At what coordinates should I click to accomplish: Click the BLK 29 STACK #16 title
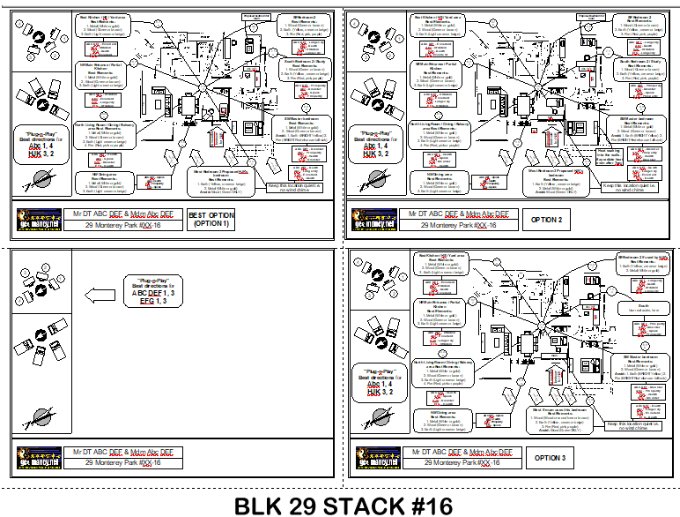point(343,505)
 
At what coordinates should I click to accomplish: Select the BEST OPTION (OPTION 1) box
point(211,220)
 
